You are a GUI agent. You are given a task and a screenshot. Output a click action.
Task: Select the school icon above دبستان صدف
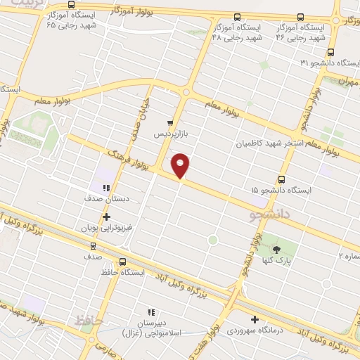click(106, 188)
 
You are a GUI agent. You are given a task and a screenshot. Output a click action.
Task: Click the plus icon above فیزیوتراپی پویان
click(106, 217)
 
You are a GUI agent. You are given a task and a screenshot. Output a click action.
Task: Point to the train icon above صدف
click(94, 247)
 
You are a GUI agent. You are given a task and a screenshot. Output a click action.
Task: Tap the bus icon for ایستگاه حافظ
click(123, 262)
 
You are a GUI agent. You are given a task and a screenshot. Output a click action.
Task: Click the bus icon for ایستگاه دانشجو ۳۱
click(330, 53)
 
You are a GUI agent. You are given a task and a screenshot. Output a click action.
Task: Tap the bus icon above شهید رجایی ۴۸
click(237, 16)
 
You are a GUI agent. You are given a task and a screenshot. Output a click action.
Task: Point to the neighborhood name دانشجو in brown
click(271, 211)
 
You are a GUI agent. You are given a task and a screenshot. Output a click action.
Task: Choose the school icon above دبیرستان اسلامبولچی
click(150, 311)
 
